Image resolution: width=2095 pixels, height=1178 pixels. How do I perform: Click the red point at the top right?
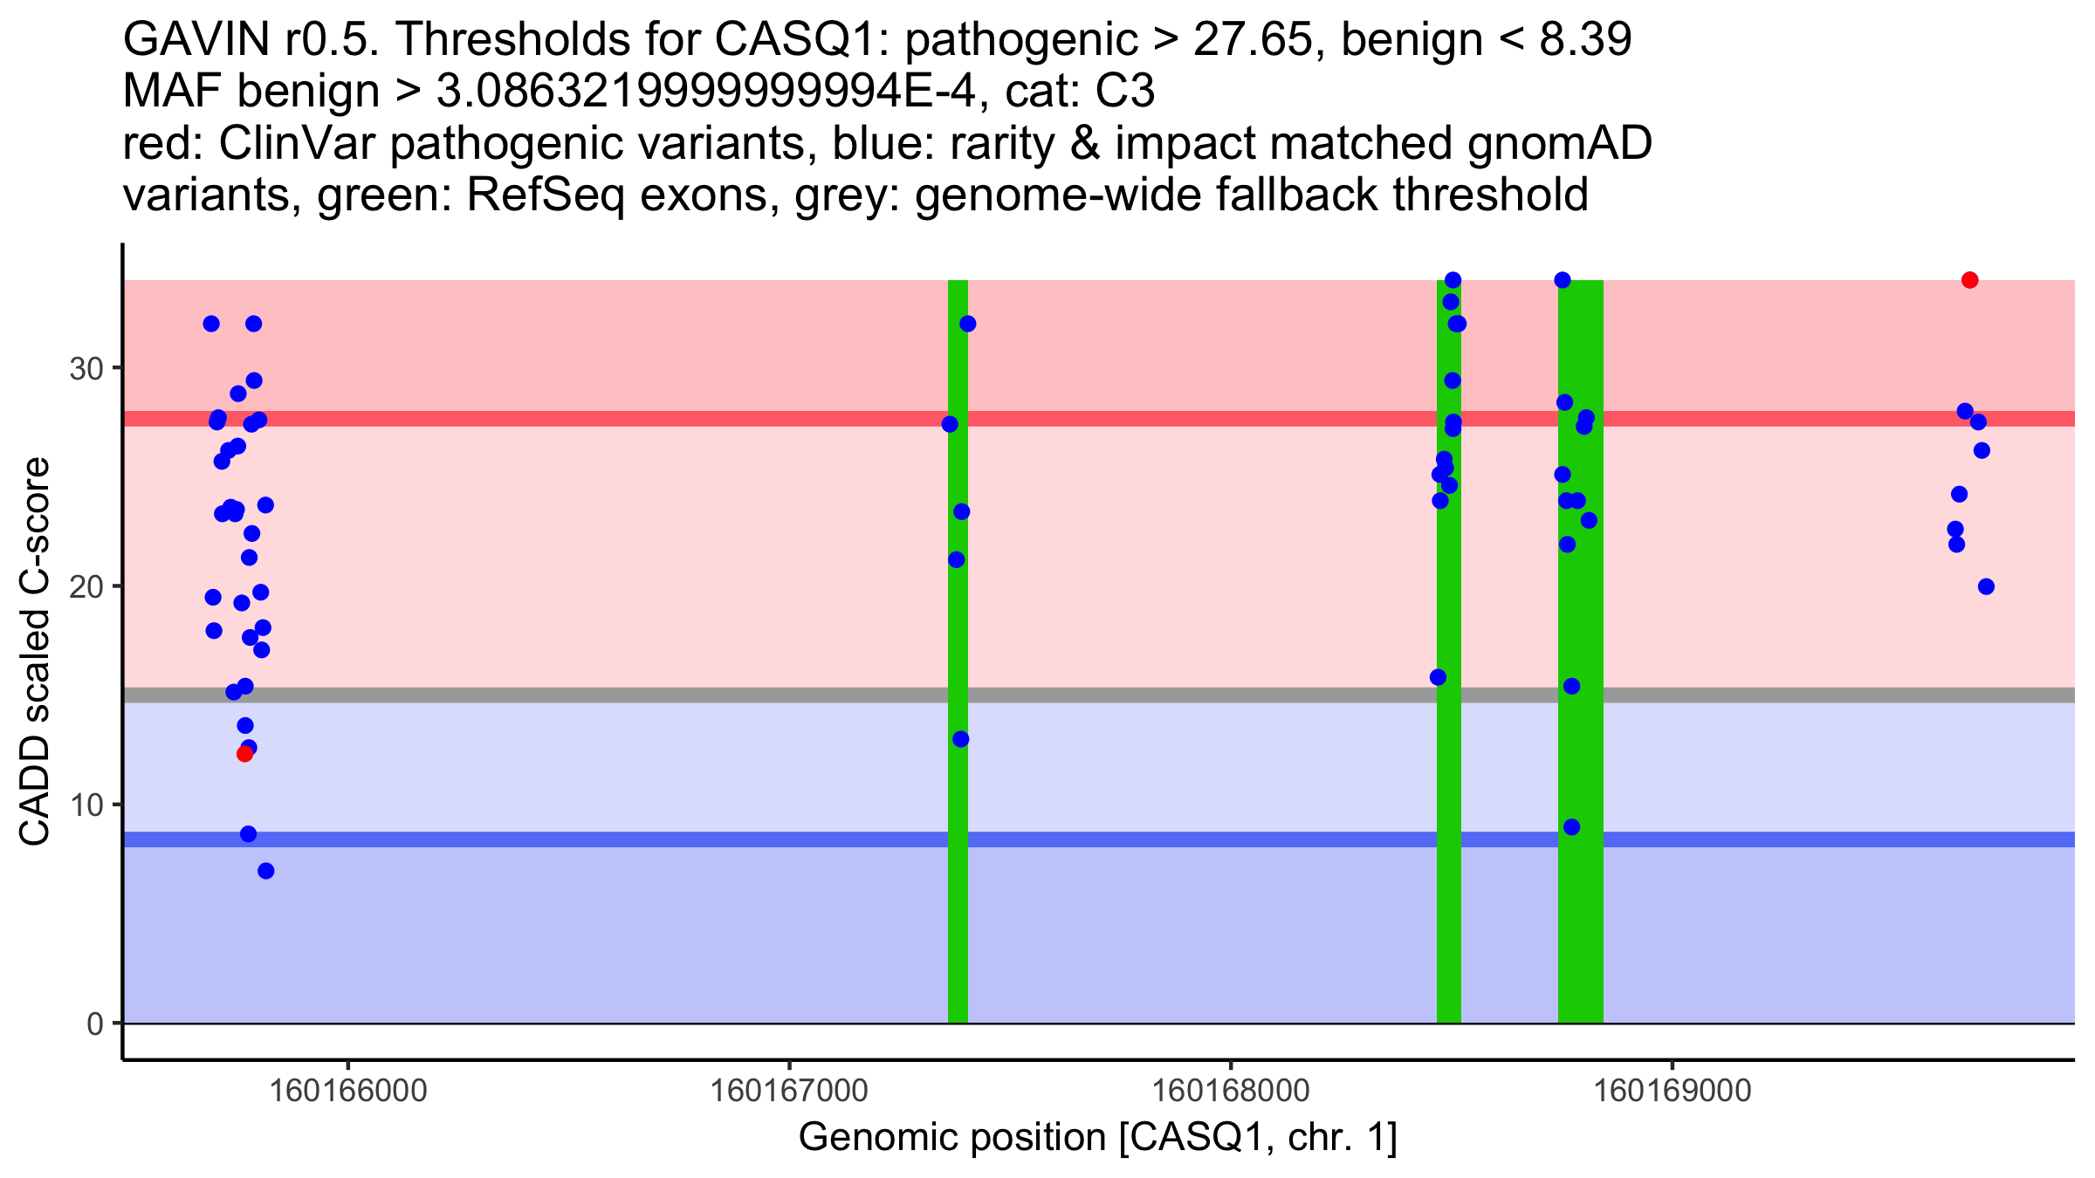click(1969, 280)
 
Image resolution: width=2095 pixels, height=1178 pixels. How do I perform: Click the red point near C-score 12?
click(244, 754)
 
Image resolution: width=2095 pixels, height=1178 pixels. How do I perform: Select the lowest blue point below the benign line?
click(266, 871)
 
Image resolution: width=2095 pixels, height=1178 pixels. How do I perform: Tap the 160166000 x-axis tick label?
click(348, 1091)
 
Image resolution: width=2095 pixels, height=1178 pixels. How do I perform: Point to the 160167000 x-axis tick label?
click(790, 1091)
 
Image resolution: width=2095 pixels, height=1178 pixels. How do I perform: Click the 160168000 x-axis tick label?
click(1231, 1091)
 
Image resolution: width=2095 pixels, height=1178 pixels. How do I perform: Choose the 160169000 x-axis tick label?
click(1673, 1091)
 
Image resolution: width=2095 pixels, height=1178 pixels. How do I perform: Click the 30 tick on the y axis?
click(86, 368)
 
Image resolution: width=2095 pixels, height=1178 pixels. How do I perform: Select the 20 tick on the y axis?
click(86, 586)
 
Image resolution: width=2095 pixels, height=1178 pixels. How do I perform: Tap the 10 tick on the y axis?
click(86, 805)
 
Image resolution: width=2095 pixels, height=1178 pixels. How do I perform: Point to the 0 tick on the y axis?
click(95, 1024)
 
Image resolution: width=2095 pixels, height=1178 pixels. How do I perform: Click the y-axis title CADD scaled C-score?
click(35, 653)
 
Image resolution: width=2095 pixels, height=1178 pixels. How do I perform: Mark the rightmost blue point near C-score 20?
click(1986, 586)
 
